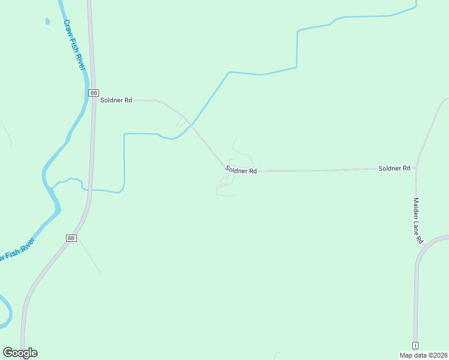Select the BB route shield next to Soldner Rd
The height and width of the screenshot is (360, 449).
pyautogui.click(x=94, y=93)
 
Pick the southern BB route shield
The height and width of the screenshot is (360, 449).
pyautogui.click(x=71, y=238)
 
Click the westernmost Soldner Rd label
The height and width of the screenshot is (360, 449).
pyautogui.click(x=116, y=100)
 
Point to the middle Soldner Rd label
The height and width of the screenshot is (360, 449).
pyautogui.click(x=241, y=170)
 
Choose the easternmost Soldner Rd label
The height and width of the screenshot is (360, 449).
pyautogui.click(x=394, y=169)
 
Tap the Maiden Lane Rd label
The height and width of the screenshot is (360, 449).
pyautogui.click(x=418, y=220)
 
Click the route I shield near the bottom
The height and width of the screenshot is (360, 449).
pyautogui.click(x=415, y=345)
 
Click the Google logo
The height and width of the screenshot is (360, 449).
pyautogui.click(x=20, y=353)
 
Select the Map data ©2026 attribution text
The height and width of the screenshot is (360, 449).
pyautogui.click(x=424, y=355)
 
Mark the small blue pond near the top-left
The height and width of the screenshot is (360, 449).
pyautogui.click(x=47, y=22)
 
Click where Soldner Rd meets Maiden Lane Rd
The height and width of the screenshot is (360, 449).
pyautogui.click(x=415, y=168)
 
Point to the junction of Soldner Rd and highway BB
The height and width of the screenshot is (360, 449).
pyautogui.click(x=94, y=100)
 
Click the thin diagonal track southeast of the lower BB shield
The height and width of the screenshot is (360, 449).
pyautogui.click(x=90, y=257)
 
